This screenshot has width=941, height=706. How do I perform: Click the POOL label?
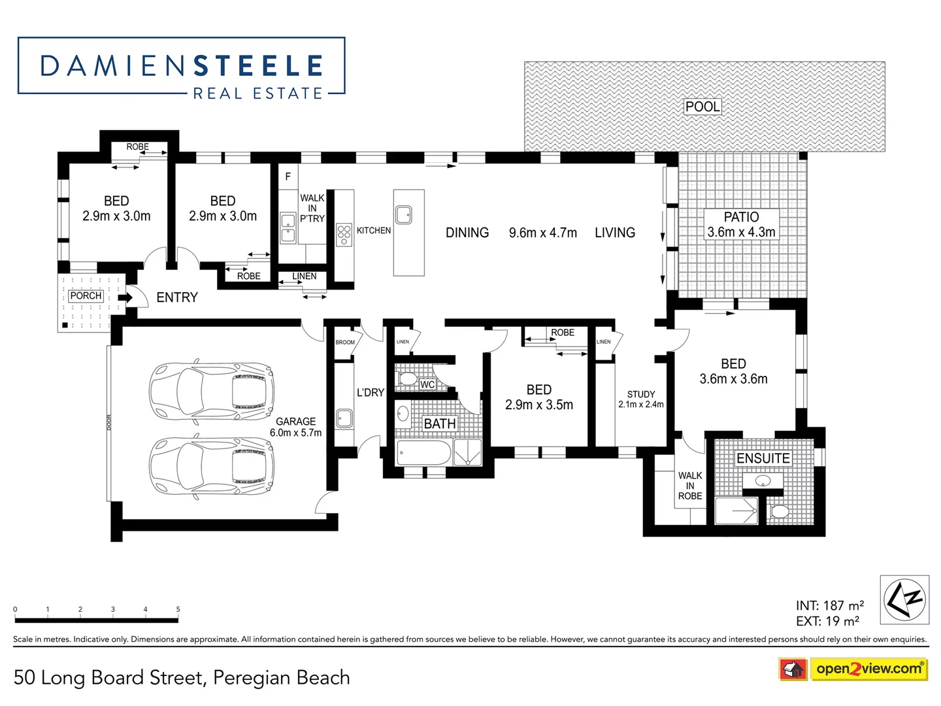click(x=702, y=107)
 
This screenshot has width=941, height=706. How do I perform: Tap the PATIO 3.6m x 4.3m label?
click(x=741, y=224)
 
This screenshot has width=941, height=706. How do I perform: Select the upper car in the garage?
click(x=212, y=392)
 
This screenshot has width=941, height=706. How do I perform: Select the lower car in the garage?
click(x=212, y=465)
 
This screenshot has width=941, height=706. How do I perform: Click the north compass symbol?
click(x=904, y=599)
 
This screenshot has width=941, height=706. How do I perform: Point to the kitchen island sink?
click(x=404, y=214)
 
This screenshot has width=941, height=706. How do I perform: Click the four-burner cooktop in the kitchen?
click(x=344, y=235)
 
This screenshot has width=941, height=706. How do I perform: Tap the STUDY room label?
click(x=640, y=399)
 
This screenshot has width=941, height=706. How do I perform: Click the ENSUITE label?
click(x=763, y=458)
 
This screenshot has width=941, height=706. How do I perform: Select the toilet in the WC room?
click(x=408, y=379)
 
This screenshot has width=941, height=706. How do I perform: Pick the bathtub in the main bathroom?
click(x=424, y=453)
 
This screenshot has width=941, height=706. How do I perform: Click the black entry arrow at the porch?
click(x=125, y=297)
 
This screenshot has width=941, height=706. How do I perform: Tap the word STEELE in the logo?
click(x=259, y=66)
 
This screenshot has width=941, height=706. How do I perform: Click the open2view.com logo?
click(x=868, y=669)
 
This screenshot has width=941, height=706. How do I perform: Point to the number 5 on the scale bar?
click(x=178, y=609)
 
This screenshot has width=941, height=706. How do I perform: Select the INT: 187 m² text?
click(x=829, y=605)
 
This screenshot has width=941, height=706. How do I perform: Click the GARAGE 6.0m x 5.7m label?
click(x=295, y=427)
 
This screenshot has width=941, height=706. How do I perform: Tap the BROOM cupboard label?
click(x=345, y=342)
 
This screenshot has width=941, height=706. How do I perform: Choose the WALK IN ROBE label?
click(x=689, y=486)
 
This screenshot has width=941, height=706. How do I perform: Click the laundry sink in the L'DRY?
click(x=344, y=418)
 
